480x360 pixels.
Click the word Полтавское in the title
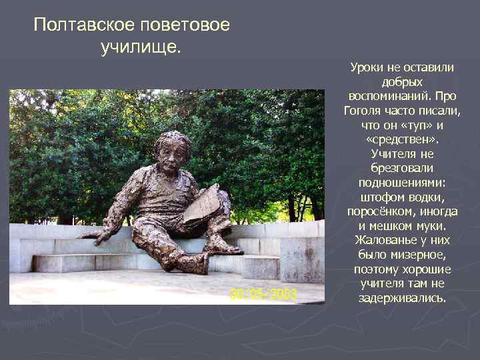(x=85, y=26)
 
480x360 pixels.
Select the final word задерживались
(x=402, y=298)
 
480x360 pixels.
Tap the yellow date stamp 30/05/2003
(x=264, y=293)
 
